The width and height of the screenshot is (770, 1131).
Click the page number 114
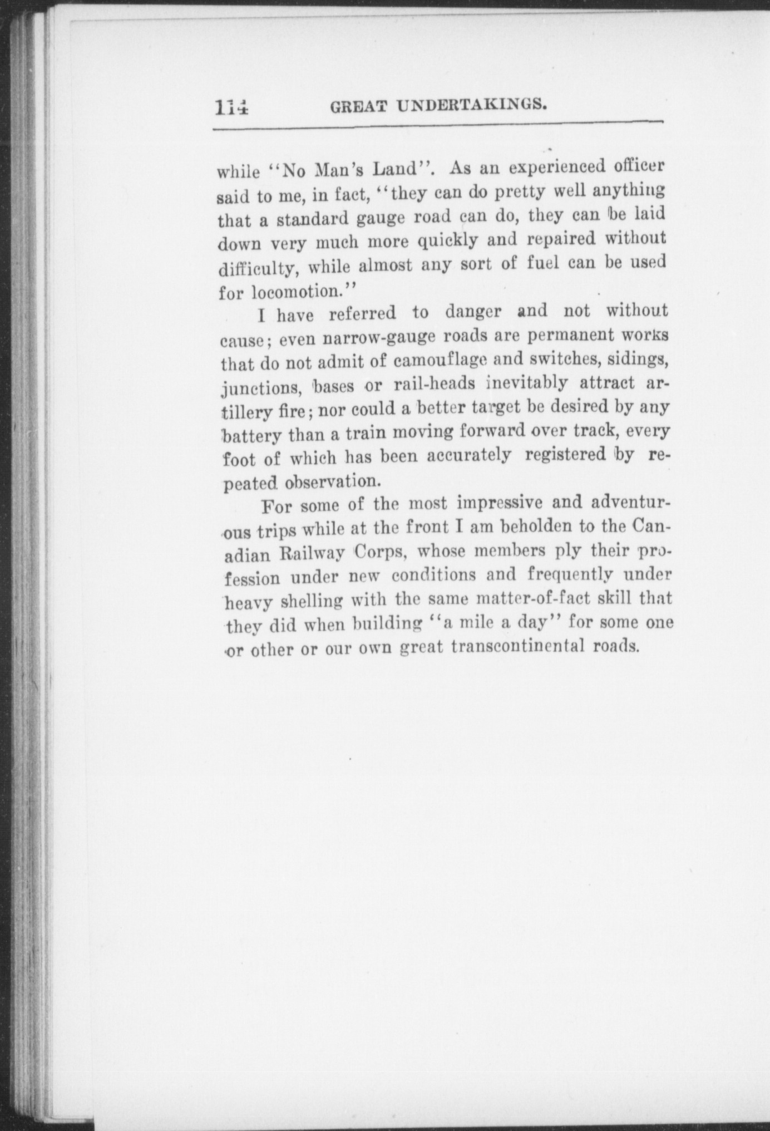(231, 107)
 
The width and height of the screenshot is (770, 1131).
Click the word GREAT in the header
(357, 106)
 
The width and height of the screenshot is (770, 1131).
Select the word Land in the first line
(394, 168)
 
